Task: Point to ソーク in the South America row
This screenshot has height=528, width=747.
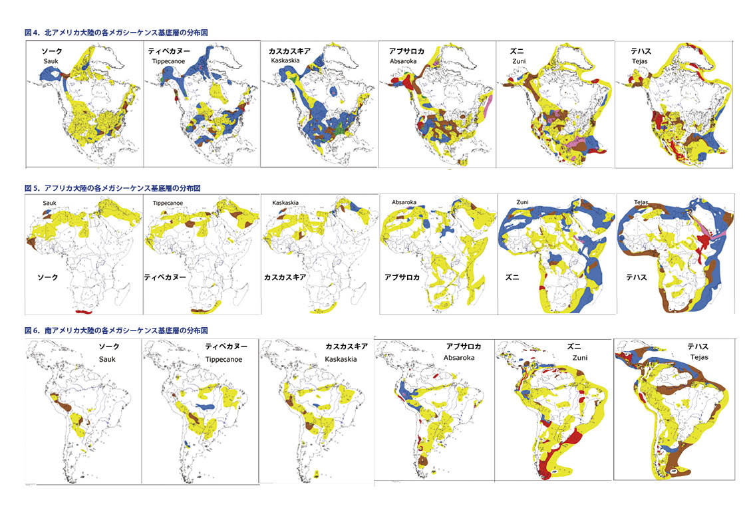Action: click(x=109, y=346)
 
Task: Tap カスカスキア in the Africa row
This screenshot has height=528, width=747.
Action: click(x=285, y=276)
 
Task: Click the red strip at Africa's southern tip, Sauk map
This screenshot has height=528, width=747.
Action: click(x=86, y=311)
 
